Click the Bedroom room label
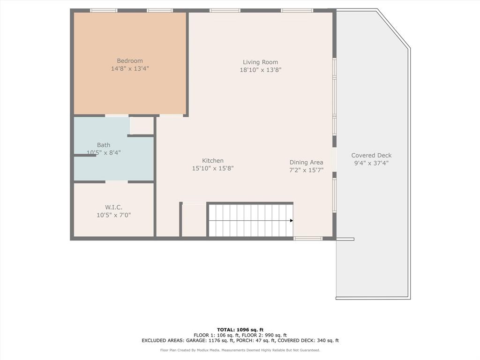coord(130,61)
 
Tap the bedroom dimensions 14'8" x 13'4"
coord(130,69)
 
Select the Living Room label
coord(260,62)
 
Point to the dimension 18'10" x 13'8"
coord(260,70)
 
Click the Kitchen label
coord(213,161)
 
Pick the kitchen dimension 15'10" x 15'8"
coord(213,169)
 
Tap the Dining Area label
coord(306,163)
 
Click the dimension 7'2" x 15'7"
coord(306,171)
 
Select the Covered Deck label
coord(371,156)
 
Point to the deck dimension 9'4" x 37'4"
coord(371,164)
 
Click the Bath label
coord(104,145)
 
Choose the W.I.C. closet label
coord(113,207)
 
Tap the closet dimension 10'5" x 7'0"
coord(113,215)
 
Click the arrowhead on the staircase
coord(291,220)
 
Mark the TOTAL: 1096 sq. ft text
coord(240,330)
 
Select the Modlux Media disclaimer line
coord(240,350)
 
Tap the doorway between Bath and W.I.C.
coord(117,181)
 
